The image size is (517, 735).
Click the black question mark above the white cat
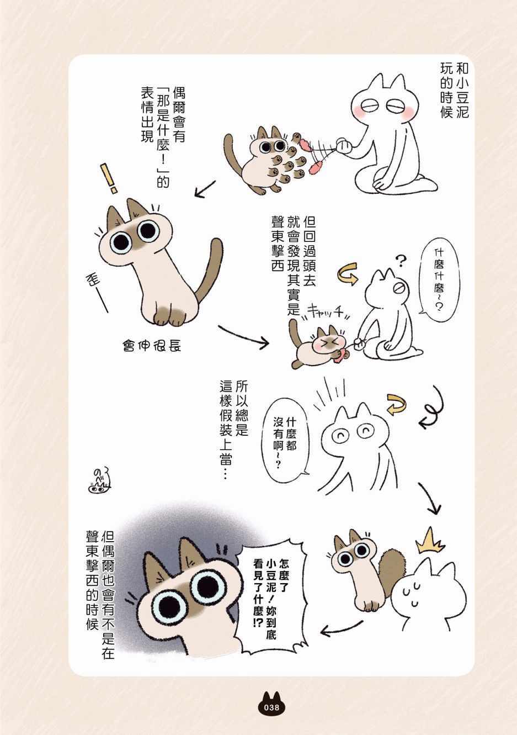401,261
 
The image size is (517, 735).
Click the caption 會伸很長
152,346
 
